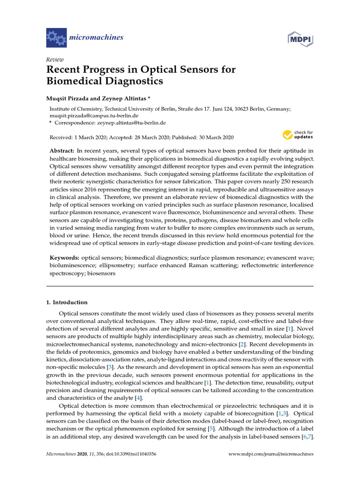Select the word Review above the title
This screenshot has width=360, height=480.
tap(55, 60)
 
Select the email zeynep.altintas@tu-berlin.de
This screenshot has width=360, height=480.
tap(132, 123)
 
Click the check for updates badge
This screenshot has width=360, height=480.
tap(298, 135)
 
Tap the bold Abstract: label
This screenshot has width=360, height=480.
tap(62, 150)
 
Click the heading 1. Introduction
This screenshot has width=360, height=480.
tap(67, 302)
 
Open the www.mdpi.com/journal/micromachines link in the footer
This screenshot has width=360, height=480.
tap(270, 454)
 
